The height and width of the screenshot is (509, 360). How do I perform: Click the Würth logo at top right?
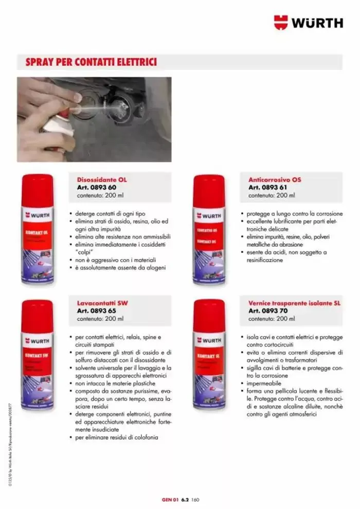click(308, 23)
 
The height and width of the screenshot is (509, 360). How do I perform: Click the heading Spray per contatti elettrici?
click(91, 63)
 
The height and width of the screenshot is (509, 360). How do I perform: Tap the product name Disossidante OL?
click(101, 180)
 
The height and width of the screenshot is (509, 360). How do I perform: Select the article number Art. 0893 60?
click(96, 188)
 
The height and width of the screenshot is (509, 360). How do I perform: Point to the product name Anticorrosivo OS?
click(275, 180)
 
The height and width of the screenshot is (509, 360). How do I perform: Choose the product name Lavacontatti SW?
click(102, 303)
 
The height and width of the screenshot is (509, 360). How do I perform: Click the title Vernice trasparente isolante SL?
click(295, 303)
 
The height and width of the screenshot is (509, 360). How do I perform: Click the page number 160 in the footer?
click(195, 499)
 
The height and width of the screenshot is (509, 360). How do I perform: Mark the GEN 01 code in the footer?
click(169, 499)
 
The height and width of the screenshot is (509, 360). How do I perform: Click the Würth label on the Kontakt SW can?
click(37, 340)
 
